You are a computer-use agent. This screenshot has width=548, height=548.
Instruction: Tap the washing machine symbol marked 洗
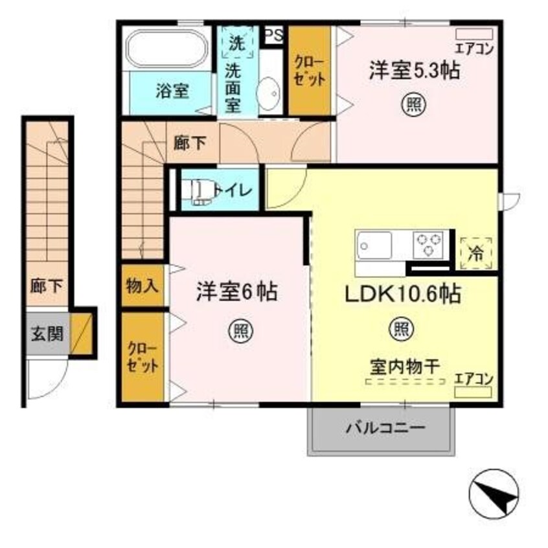(237, 43)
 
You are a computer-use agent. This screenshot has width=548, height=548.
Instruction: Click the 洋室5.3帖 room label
(414, 70)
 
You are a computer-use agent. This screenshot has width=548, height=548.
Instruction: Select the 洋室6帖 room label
(237, 292)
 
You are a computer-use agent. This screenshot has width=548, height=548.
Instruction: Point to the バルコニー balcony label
(384, 429)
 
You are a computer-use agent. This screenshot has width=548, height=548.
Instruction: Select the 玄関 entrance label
(47, 334)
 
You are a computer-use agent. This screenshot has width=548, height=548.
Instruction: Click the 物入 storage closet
(141, 285)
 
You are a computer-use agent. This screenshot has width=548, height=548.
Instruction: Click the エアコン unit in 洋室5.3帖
(475, 34)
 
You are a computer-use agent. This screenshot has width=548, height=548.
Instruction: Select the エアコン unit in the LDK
(474, 393)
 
